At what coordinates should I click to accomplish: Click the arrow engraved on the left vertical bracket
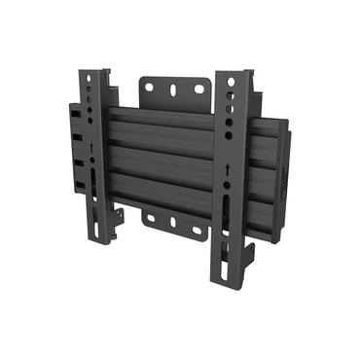(x=92, y=150)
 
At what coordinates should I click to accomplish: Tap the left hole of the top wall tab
(x=149, y=88)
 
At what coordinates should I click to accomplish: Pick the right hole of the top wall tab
(x=198, y=90)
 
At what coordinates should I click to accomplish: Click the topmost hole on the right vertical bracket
(x=231, y=83)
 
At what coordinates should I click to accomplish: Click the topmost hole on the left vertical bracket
(x=90, y=78)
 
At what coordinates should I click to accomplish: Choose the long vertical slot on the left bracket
(x=92, y=185)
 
